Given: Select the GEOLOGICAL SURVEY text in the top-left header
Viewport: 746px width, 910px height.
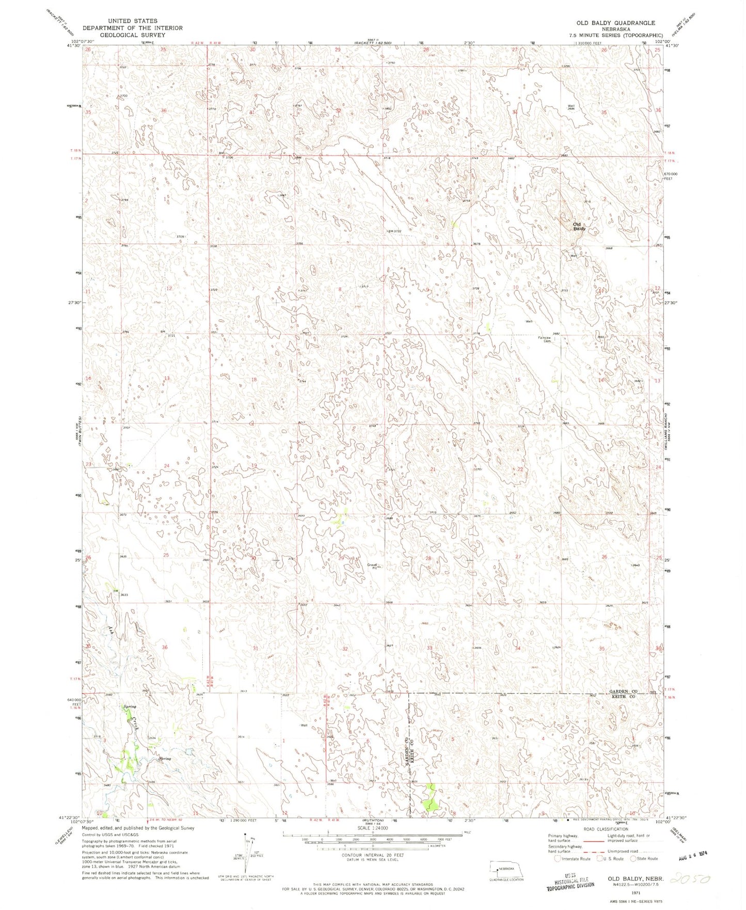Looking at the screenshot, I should [x=132, y=35].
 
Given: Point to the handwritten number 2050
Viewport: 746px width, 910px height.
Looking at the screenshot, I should [x=690, y=878].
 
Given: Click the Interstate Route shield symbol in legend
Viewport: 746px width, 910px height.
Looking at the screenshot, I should [x=557, y=859].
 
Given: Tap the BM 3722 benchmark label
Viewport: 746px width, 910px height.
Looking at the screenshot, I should [x=395, y=231].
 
